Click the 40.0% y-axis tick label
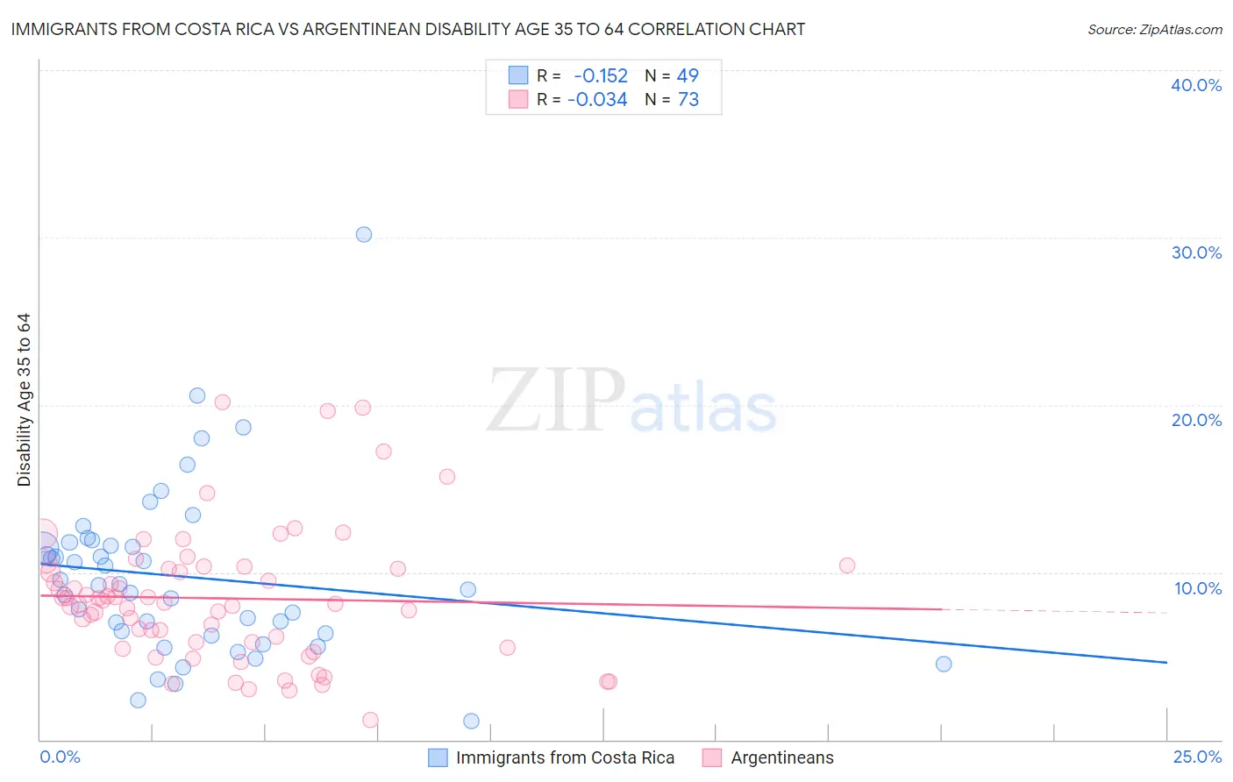(1196, 85)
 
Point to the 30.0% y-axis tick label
(1196, 252)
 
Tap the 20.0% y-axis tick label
(1196, 420)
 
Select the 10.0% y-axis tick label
(1197, 588)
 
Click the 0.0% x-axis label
(60, 757)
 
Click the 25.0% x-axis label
(1197, 757)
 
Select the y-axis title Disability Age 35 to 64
(24, 400)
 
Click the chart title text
(408, 29)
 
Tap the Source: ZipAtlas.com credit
(1154, 30)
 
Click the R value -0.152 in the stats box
(601, 76)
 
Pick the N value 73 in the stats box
(688, 100)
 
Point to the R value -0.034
(597, 100)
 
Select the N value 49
(688, 76)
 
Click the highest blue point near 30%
(364, 234)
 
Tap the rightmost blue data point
(944, 664)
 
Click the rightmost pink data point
(847, 565)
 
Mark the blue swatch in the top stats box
(518, 75)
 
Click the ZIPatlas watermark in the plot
(631, 402)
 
